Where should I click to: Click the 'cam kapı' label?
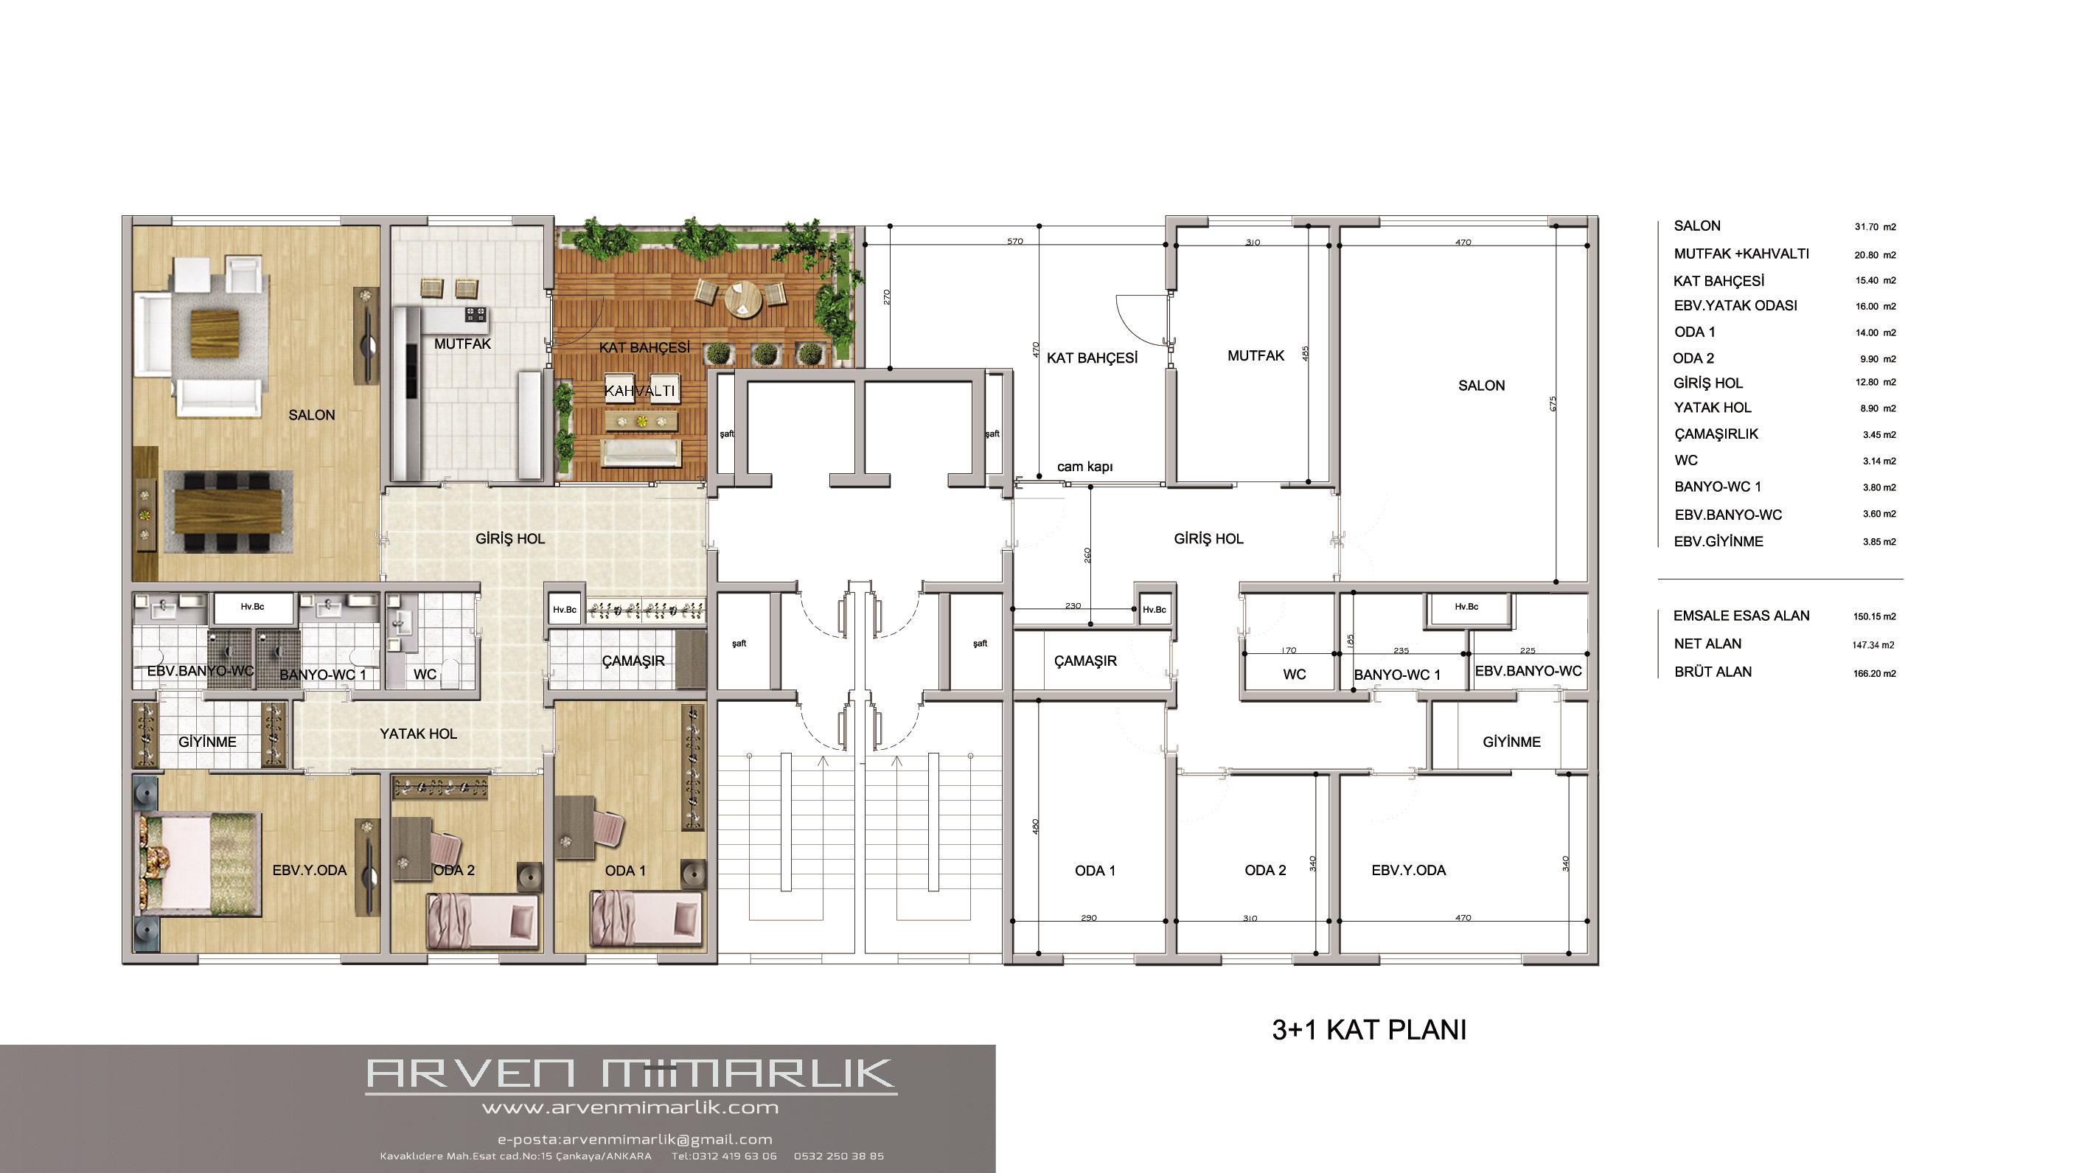pos(1084,467)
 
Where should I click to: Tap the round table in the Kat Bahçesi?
pos(742,299)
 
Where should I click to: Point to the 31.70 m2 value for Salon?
pos(1875,227)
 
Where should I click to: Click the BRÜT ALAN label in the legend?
pos(1713,672)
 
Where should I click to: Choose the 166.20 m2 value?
pos(1874,673)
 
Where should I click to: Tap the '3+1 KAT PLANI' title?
pos(1369,1030)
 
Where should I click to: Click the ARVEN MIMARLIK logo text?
pos(630,1073)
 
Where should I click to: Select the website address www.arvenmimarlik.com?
pos(630,1107)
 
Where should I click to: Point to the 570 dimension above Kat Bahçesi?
pos(1014,241)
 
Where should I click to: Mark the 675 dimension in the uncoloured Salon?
pos(1553,403)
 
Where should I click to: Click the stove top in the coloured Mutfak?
pos(476,313)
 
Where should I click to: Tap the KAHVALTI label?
pos(639,391)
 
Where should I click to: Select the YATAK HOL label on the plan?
pos(418,734)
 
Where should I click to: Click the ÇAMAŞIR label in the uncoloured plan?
pos(1085,661)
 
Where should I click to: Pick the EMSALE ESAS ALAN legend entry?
pos(1741,616)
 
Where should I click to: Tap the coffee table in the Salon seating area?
pos(215,333)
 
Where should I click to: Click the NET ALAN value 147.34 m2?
pos(1873,645)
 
